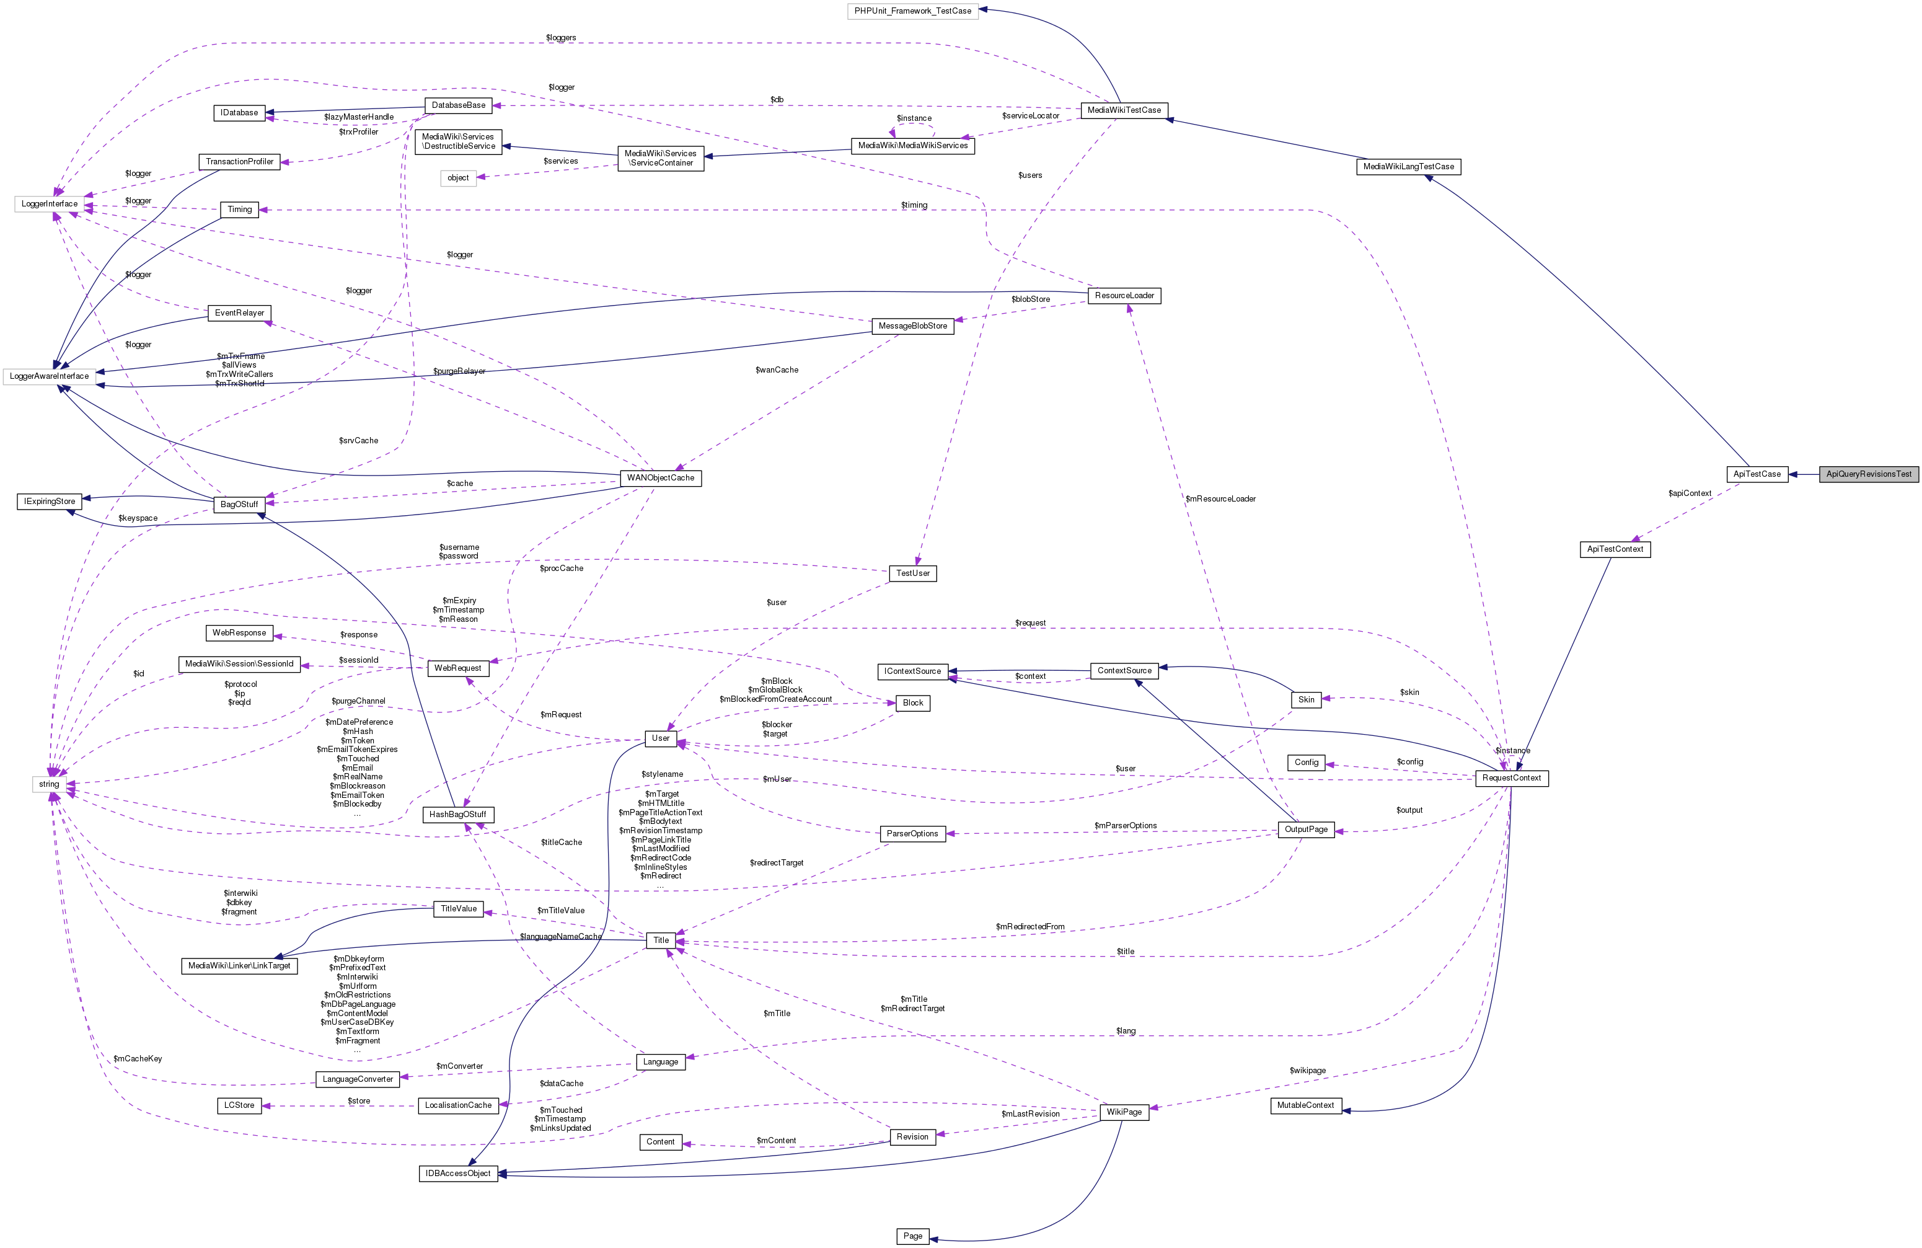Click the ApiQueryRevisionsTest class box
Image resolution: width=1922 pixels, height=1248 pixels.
(1869, 474)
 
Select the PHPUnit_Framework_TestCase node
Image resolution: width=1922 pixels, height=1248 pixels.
(912, 11)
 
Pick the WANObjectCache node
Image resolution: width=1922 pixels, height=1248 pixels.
(660, 478)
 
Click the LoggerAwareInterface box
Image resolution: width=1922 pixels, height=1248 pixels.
(49, 376)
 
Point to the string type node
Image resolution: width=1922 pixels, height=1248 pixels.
(49, 784)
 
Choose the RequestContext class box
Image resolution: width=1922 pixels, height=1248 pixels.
(1511, 778)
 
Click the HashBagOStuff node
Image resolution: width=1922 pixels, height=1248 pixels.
(457, 814)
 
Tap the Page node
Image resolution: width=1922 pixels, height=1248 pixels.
(912, 1236)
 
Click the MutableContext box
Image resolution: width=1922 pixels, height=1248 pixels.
(1305, 1105)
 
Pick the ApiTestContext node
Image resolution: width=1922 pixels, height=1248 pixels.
(1615, 549)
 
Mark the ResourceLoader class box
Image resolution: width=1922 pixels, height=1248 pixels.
(1124, 296)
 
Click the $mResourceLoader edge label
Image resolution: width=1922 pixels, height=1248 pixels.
(1220, 499)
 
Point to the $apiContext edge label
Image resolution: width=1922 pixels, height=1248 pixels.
(1690, 493)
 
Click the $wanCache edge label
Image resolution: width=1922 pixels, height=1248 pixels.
(776, 370)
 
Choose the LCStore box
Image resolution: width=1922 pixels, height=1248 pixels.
(239, 1105)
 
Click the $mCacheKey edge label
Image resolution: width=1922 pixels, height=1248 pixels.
(138, 1059)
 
